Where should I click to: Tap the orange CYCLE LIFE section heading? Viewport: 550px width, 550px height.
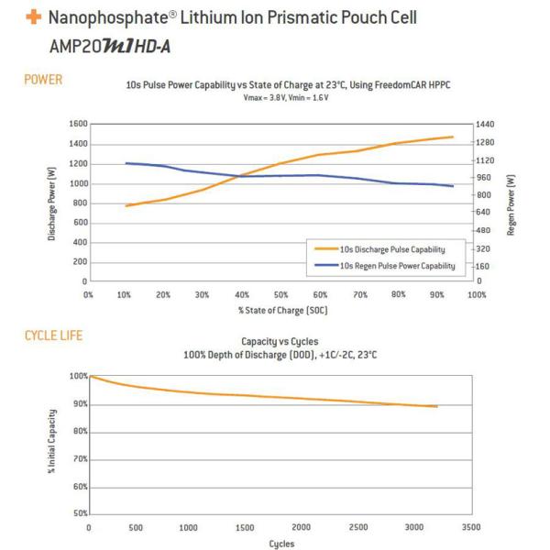53,335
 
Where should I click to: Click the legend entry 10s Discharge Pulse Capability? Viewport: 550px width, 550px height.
392,248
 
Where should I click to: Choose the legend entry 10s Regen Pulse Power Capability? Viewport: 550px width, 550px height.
397,265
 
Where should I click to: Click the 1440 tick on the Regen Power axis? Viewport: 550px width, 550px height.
486,124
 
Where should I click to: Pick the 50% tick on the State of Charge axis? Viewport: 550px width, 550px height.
281,295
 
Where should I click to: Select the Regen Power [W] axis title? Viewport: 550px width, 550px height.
510,203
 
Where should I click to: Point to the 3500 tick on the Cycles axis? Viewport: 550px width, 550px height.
470,528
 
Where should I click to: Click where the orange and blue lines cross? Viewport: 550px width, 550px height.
240,175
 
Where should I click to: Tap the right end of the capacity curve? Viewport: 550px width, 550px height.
437,406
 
